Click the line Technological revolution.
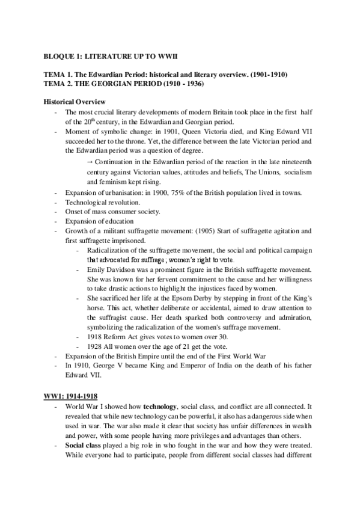point(102,202)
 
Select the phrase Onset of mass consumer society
point(112,212)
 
